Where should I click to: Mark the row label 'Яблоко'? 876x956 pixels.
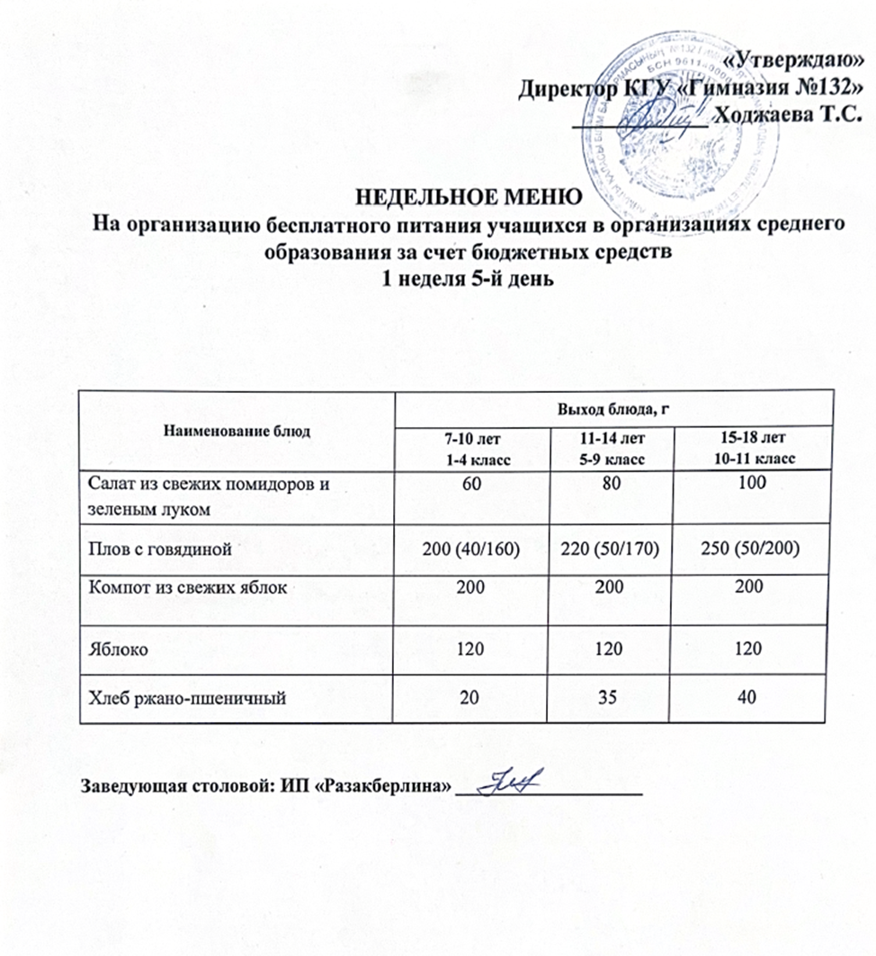(x=112, y=647)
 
